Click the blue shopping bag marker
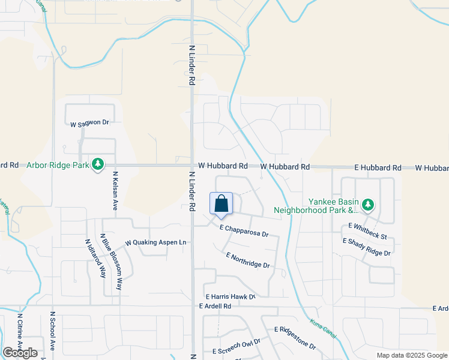tap(221, 203)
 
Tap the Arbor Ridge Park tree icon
tap(97, 164)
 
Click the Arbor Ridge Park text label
tap(57, 164)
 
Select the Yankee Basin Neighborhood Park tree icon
tap(368, 206)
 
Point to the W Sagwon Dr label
tap(90, 123)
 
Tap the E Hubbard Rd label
tap(377, 167)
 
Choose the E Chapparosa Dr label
tap(244, 231)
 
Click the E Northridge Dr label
tap(248, 260)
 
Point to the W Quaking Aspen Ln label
tap(156, 243)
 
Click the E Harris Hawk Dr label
tap(231, 296)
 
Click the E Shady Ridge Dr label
tap(366, 247)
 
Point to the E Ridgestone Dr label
tap(295, 338)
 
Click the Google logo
tap(20, 353)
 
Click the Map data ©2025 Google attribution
tap(411, 355)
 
